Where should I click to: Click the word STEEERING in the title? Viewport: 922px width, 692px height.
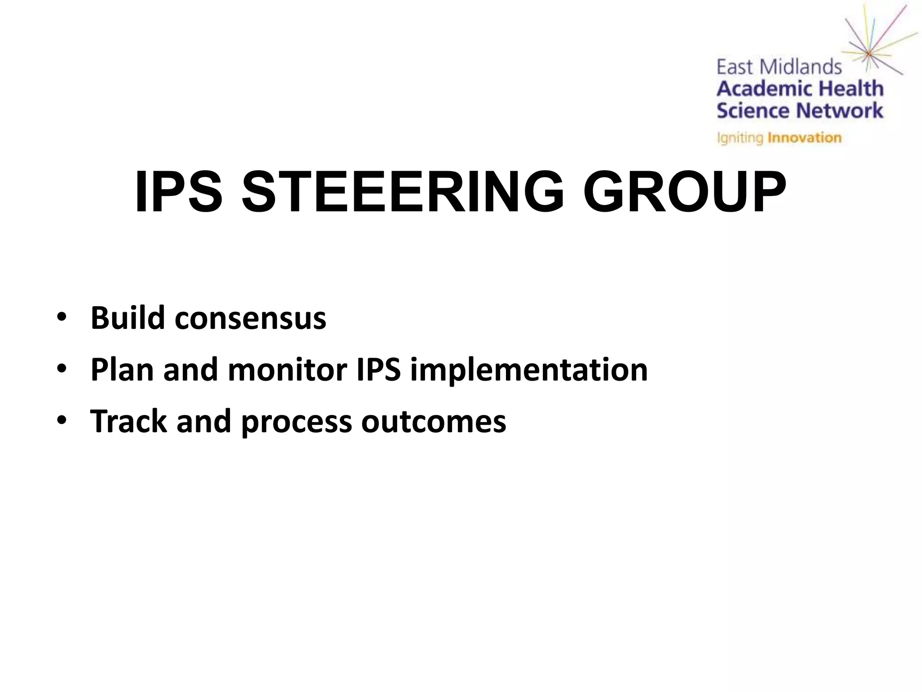pyautogui.click(x=402, y=193)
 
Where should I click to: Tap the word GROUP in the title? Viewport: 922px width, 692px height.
pyautogui.click(x=684, y=193)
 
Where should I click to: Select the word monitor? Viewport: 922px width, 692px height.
pyautogui.click(x=287, y=370)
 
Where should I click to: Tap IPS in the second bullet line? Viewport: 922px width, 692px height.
pyautogui.click(x=378, y=370)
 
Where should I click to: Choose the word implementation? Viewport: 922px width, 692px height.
pyautogui.click(x=529, y=370)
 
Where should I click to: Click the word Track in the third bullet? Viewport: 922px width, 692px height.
pyautogui.click(x=128, y=421)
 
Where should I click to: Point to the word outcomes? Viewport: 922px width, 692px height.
pyautogui.click(x=434, y=422)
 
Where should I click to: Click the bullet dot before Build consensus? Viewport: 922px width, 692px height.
pyautogui.click(x=62, y=318)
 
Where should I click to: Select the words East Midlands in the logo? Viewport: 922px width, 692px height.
pyautogui.click(x=779, y=68)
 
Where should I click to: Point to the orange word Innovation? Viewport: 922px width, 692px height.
pyautogui.click(x=804, y=137)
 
